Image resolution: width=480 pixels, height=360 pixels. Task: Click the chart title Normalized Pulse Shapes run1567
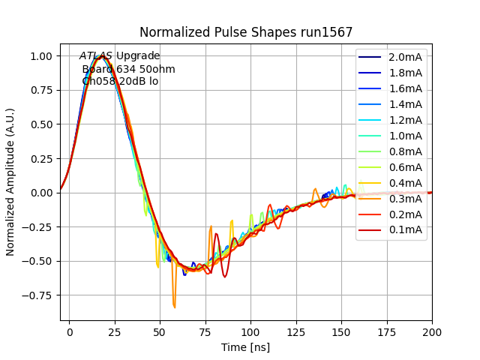[x=246, y=32]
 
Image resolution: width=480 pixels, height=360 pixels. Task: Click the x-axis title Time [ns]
[x=245, y=347]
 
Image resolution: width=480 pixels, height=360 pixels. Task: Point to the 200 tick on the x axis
[x=432, y=331]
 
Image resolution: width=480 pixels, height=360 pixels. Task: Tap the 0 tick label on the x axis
[x=70, y=331]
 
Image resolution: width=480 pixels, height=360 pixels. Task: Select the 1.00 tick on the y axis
[x=42, y=56]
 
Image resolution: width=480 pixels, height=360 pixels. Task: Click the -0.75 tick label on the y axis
[x=40, y=295]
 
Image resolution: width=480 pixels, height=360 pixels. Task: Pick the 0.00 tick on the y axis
[x=42, y=193]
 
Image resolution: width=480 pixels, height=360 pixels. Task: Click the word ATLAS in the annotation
[x=96, y=56]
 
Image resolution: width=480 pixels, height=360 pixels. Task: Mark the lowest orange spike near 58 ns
[x=175, y=307]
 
